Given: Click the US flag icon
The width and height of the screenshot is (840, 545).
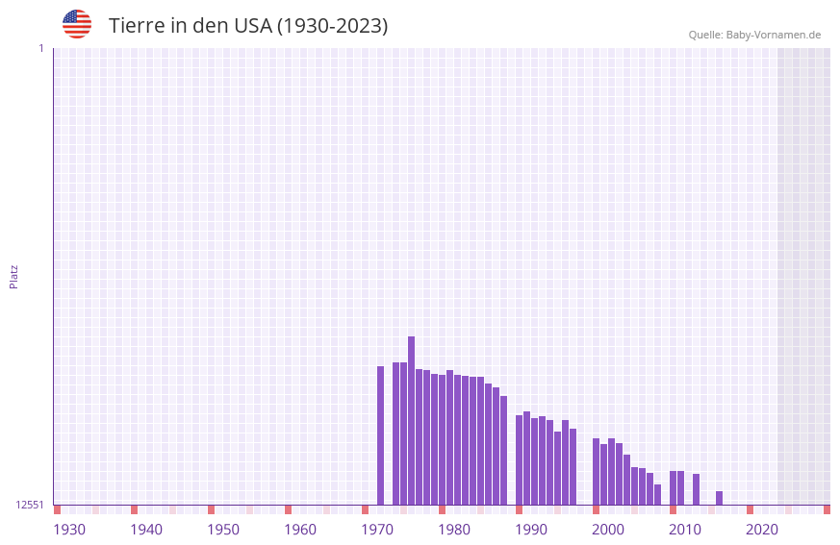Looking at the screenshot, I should coord(77,24).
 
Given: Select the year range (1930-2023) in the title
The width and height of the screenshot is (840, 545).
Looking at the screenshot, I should coord(332,26).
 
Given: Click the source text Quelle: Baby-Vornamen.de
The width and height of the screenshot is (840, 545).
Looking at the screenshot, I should coord(754,35).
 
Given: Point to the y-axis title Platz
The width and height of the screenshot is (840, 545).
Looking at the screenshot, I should coord(13,276).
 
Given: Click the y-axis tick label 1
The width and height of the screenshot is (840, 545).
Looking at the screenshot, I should coord(41,48).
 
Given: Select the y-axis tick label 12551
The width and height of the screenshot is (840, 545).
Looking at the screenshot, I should coord(30,505).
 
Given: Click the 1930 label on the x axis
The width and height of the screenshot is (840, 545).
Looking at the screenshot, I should coord(69,530).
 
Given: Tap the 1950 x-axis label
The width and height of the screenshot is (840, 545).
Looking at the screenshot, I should coord(223,530).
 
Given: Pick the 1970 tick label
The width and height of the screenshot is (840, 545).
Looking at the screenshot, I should coord(377,530).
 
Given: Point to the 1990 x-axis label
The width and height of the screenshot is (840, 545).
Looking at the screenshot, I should coord(531,530).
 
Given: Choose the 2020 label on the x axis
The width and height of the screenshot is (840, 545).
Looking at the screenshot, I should coord(762,530).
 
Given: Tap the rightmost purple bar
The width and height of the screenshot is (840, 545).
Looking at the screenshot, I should coord(719,498).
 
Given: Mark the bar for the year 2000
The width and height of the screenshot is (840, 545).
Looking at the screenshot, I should coord(611,471).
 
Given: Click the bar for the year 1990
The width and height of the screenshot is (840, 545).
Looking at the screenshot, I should coord(534,461).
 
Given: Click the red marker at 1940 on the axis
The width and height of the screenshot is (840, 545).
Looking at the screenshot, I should coord(135,509).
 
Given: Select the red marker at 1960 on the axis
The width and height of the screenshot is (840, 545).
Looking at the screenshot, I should coord(289,509).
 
